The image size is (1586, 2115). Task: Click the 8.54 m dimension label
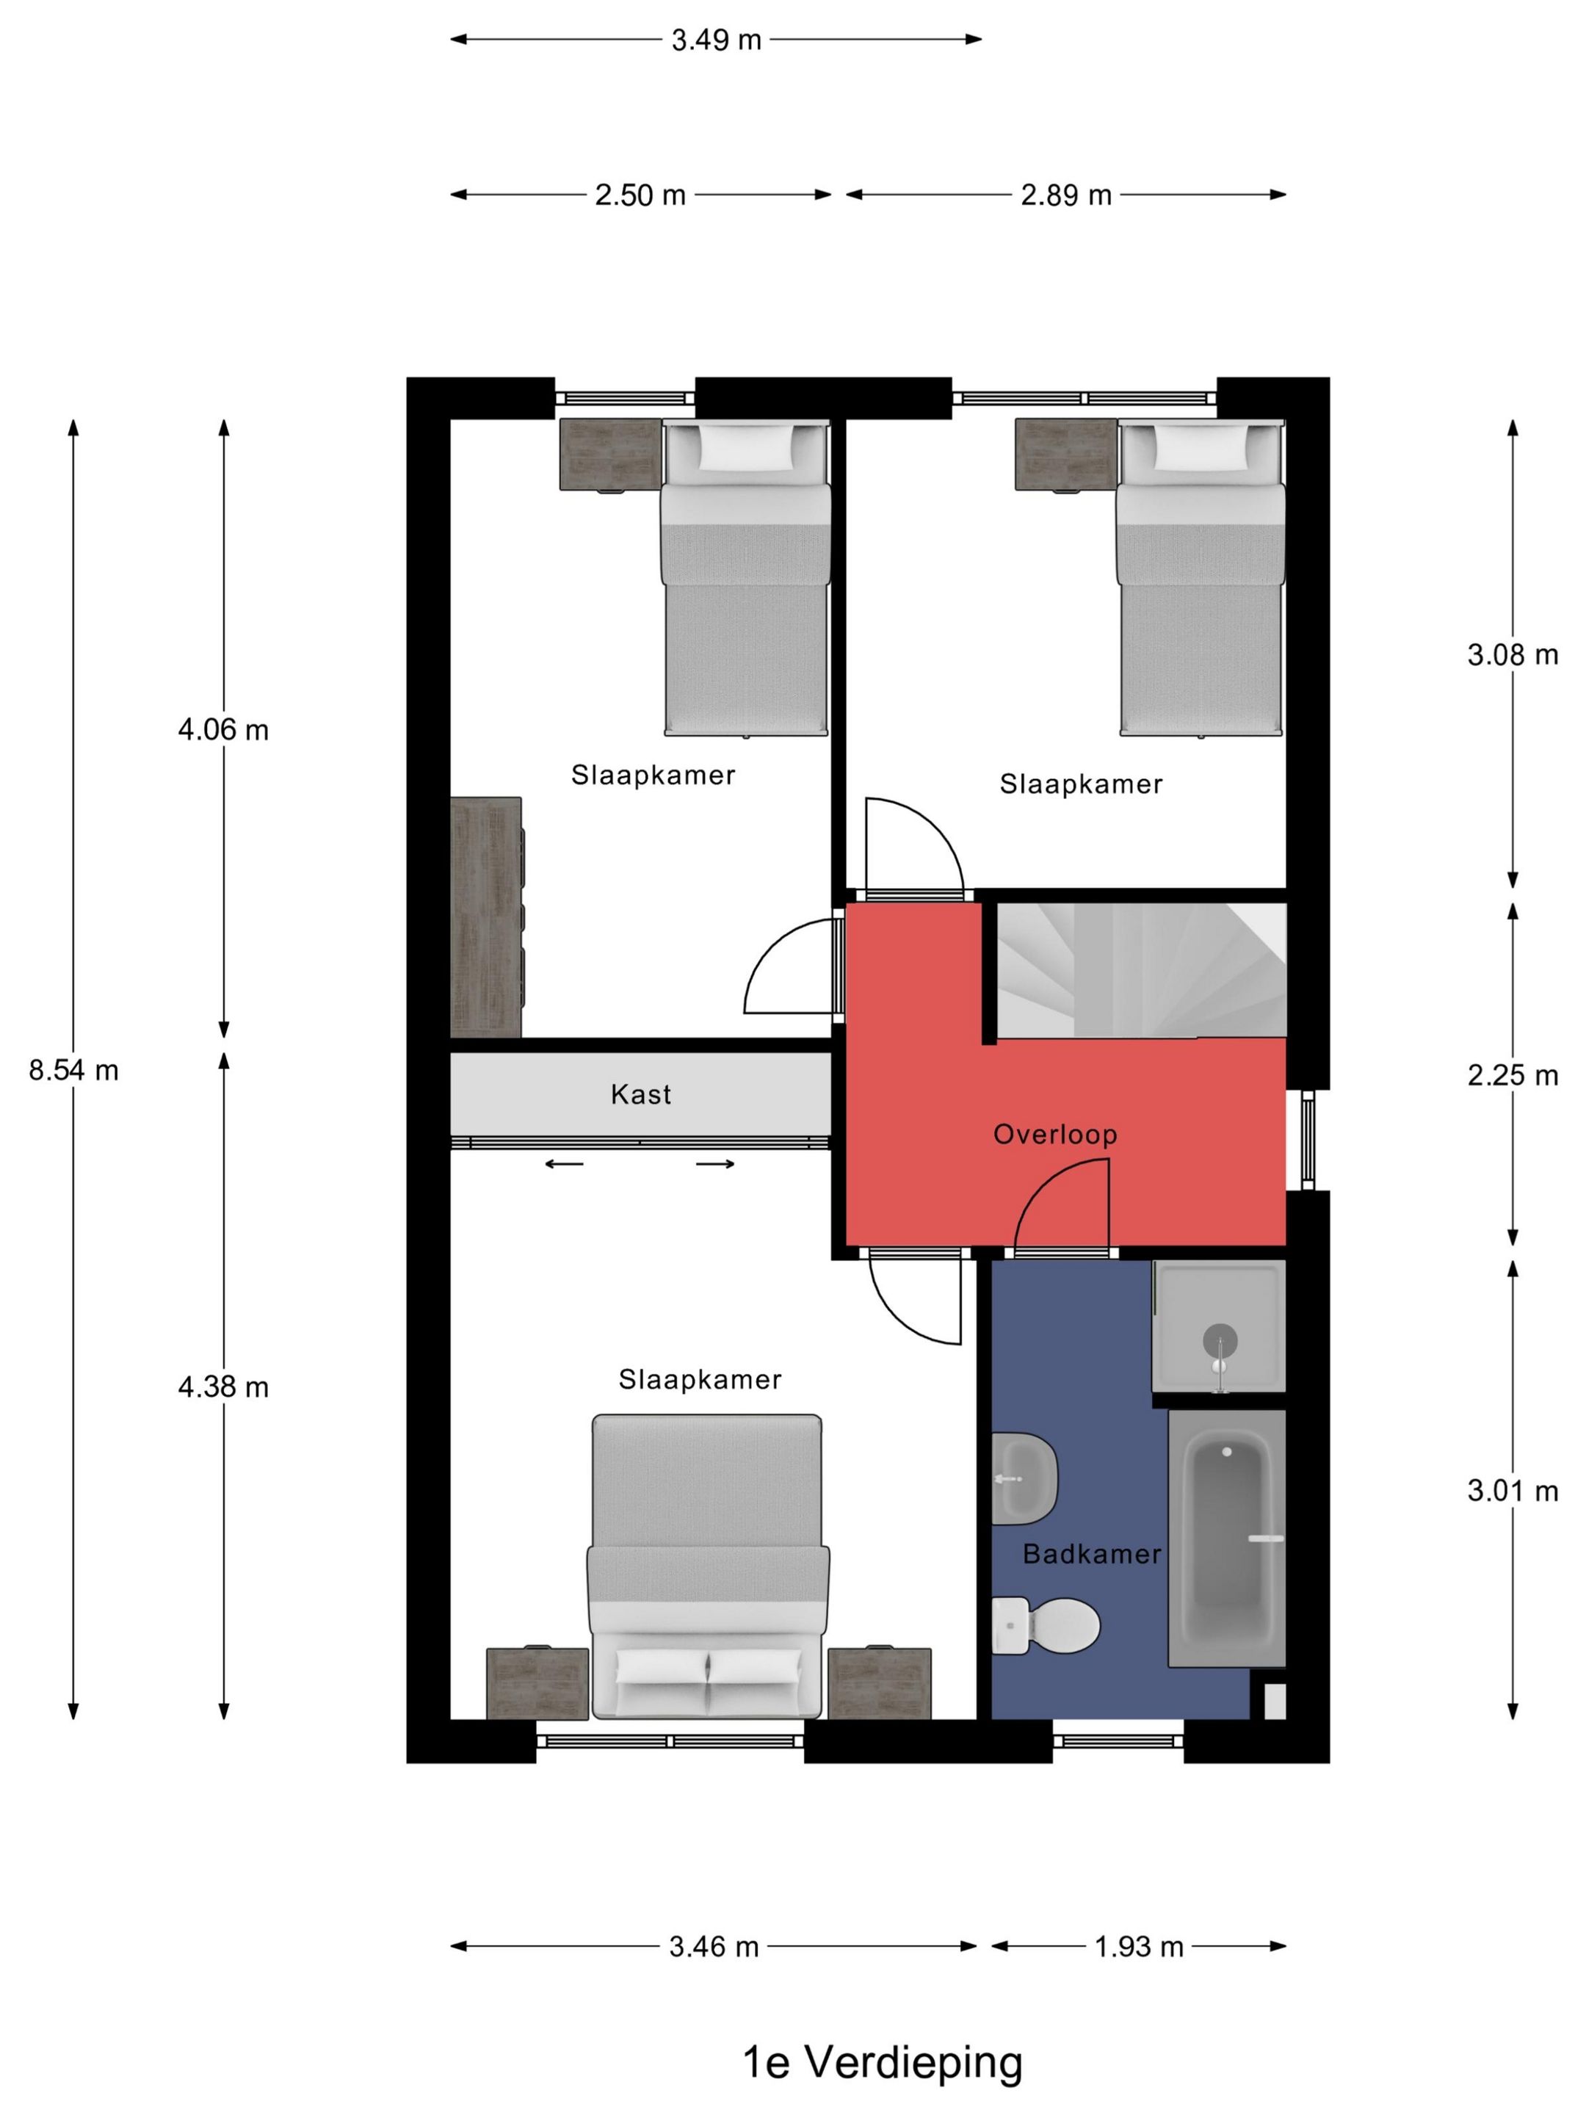coord(73,1070)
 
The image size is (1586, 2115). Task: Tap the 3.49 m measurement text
coord(716,40)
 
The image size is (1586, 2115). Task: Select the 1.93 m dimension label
coord(1139,1947)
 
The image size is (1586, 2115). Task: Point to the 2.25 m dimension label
coord(1513,1076)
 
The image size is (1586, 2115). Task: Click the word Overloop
coord(1055,1134)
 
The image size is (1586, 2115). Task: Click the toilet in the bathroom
coord(1046,1624)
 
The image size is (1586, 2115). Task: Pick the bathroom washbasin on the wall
coord(1024,1478)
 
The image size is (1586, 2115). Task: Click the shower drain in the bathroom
coord(1220,1340)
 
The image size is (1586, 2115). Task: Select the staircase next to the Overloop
coord(1142,969)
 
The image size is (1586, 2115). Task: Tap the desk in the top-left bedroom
coord(485,918)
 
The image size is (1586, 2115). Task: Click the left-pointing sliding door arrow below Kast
coord(564,1164)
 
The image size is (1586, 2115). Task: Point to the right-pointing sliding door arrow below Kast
coord(716,1164)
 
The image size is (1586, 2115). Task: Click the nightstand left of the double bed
coord(537,1684)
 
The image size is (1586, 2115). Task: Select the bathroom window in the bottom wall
coord(1118,1741)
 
